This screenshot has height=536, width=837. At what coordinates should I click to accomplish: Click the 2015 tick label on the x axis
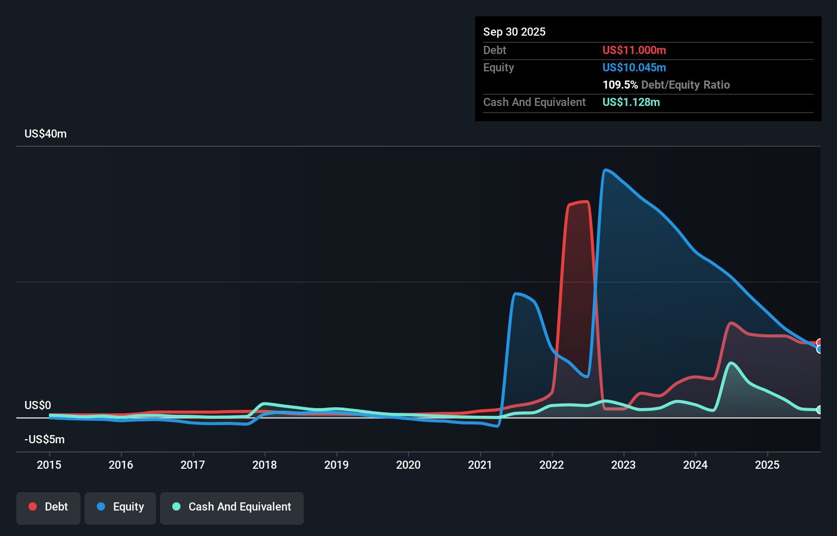(x=49, y=465)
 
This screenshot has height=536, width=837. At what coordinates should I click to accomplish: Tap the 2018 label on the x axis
(x=265, y=465)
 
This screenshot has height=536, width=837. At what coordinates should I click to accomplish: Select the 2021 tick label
(x=480, y=465)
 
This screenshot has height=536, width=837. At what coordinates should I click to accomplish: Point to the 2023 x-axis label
(x=623, y=465)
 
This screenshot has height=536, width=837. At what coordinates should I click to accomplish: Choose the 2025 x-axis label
(x=767, y=465)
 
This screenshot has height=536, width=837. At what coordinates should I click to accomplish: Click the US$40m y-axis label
(x=45, y=133)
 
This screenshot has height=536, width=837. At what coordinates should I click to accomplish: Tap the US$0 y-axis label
(x=38, y=405)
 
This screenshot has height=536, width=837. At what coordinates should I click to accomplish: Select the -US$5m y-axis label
(x=44, y=439)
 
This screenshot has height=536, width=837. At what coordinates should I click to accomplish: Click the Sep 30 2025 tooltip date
(x=514, y=32)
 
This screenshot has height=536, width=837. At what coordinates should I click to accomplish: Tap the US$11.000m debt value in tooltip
(x=634, y=50)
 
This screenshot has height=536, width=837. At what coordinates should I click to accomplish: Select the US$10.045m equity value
(x=634, y=67)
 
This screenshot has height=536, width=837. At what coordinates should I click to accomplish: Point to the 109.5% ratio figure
(x=620, y=85)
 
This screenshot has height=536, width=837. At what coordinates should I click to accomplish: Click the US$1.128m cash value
(x=631, y=102)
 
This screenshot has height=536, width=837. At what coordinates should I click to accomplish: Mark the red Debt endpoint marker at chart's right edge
(x=819, y=342)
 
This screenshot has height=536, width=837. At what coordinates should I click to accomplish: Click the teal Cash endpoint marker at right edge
(x=819, y=410)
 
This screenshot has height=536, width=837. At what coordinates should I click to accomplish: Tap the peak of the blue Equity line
(x=605, y=170)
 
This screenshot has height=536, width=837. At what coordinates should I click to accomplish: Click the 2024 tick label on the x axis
(x=695, y=465)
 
